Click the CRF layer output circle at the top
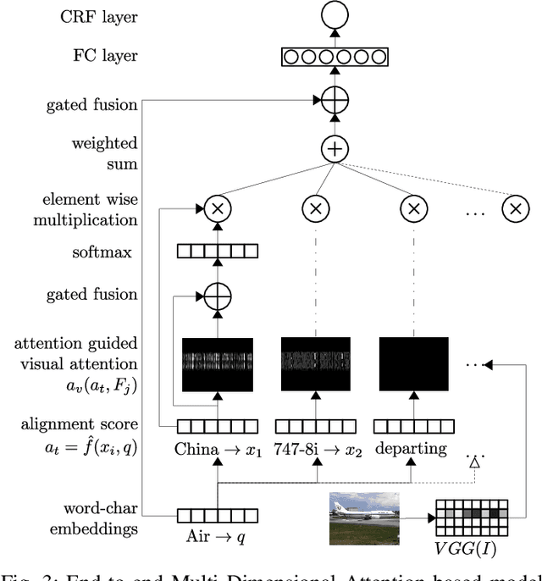335,16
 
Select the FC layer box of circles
335,58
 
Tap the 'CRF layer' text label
98,17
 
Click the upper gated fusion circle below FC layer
335,101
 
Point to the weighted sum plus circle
335,150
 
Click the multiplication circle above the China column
217,207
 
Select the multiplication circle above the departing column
414,207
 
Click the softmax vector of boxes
217,251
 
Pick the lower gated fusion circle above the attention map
217,296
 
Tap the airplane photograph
363,518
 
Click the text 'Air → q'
217,537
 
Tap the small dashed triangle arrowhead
475,462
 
